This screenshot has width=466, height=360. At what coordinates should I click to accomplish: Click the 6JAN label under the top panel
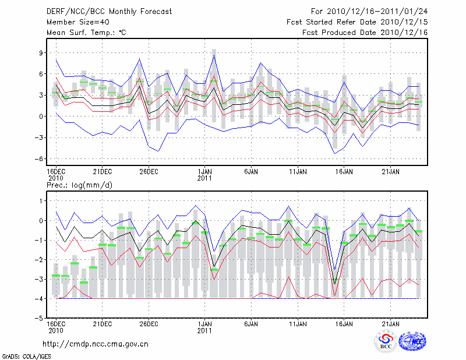point(251,172)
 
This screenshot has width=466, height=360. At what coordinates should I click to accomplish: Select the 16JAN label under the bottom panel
point(344,323)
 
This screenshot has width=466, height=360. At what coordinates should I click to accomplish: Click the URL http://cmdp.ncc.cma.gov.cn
point(96,344)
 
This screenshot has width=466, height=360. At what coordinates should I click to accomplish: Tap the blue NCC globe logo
point(412,342)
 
